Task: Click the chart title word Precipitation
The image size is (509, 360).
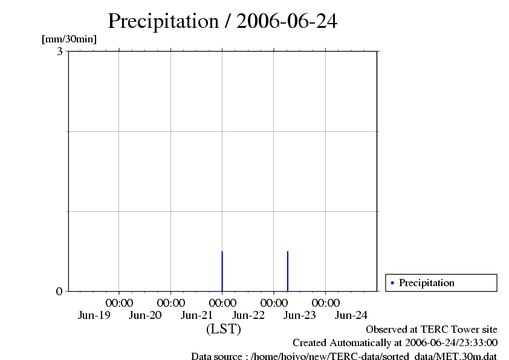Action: coord(163,21)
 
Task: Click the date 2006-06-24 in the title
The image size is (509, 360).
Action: coord(287,21)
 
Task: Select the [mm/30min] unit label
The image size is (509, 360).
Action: coord(69,39)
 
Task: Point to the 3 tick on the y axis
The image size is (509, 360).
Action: coord(60,51)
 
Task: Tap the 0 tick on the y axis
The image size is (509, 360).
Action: coord(59,291)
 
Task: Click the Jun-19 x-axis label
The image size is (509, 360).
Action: coord(94,315)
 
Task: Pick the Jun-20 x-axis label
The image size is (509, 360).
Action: coord(146,315)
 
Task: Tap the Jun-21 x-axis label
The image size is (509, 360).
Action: coord(197,315)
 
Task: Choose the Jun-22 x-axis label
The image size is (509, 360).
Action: coord(248,315)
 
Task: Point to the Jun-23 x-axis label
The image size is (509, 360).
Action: coord(300,315)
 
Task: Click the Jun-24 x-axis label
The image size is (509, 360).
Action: coord(351,315)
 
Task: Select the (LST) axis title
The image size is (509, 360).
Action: coord(223,329)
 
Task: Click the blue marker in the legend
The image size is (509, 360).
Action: coord(392,283)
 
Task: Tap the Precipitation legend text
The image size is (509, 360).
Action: coord(427,283)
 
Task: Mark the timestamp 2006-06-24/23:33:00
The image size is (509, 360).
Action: coord(451,343)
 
